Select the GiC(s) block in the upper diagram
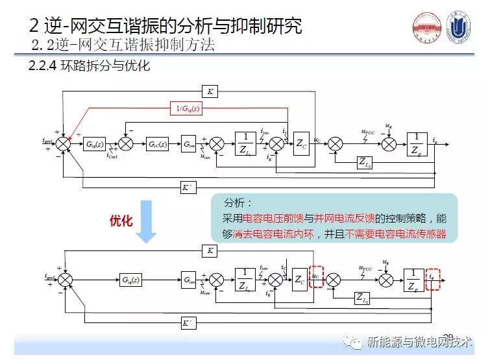coord(157,143)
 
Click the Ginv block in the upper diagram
coord(189,143)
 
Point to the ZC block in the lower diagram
coord(300,280)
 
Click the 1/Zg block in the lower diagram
coord(413,279)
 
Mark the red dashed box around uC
coord(316,277)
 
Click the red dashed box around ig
coord(433,278)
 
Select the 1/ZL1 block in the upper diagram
coord(245,143)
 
